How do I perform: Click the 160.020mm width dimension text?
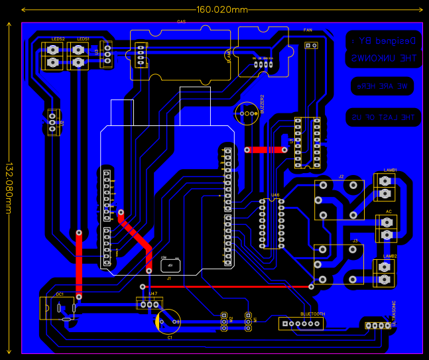[222, 9]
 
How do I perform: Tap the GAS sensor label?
[180, 22]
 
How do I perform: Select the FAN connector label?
[308, 30]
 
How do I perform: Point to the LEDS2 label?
[58, 39]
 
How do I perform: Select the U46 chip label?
[275, 196]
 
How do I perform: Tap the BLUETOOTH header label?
[312, 314]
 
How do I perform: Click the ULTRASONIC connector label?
[394, 313]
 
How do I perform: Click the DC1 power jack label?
[59, 294]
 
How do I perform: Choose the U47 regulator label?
[153, 294]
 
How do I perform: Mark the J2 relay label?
[341, 176]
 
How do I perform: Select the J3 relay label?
[355, 241]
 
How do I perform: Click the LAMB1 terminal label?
[390, 170]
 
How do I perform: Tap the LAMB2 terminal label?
[390, 256]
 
